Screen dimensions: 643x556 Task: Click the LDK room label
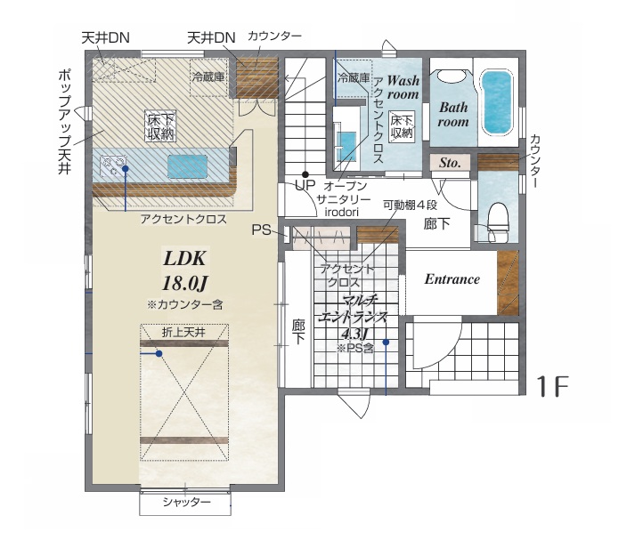point(184,259)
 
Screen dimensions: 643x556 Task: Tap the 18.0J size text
point(185,283)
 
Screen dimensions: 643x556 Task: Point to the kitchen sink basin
point(187,166)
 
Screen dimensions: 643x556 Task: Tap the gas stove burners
point(112,166)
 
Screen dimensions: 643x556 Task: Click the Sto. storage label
point(450,163)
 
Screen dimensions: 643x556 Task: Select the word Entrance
point(452,279)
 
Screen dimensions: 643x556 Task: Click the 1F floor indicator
point(553,386)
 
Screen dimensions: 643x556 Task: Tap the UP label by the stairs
point(305,185)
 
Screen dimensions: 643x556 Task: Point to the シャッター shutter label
point(187,502)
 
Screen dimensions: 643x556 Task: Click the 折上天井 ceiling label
point(183,333)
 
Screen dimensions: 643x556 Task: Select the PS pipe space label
point(261,230)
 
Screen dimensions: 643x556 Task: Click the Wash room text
point(403,87)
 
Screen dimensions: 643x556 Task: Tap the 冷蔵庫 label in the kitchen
point(208,77)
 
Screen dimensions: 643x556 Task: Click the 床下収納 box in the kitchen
point(160,125)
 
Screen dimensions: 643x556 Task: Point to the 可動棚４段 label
point(410,205)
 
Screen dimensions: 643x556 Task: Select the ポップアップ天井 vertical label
point(65,122)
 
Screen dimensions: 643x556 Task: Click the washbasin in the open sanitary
point(346,146)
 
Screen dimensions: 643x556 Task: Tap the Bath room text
point(453,115)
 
